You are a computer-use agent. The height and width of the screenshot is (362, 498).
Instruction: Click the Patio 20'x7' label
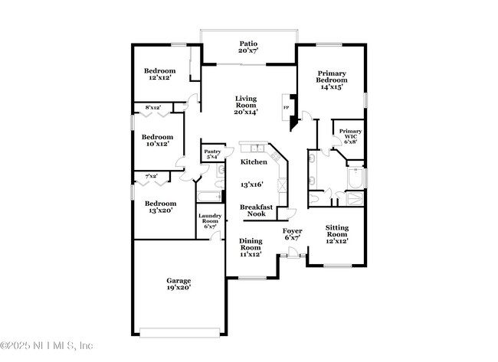(x=247, y=47)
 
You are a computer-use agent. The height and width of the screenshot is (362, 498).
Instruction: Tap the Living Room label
(x=246, y=105)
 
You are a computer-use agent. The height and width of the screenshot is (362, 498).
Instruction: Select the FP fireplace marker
(x=287, y=108)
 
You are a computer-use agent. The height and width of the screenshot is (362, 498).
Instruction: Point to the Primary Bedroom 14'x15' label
(x=333, y=80)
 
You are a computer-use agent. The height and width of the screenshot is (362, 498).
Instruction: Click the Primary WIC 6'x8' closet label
(x=351, y=136)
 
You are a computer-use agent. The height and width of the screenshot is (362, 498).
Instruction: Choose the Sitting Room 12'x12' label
(x=337, y=234)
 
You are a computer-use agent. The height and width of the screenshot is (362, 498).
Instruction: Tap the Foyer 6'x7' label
(x=293, y=235)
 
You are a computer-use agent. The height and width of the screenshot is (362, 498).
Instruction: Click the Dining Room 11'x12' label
(x=251, y=246)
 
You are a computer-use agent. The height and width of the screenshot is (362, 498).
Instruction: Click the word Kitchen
(x=254, y=162)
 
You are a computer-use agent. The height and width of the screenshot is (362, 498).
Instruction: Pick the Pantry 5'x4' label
(x=212, y=155)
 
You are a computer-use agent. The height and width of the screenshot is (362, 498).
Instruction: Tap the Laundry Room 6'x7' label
(x=211, y=222)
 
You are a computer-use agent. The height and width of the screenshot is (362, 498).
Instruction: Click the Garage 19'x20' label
(x=179, y=284)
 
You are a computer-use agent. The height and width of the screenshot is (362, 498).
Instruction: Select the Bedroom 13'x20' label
(x=161, y=207)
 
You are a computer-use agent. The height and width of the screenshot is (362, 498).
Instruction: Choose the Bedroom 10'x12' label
(x=157, y=140)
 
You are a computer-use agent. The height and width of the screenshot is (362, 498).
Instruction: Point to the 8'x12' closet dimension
(x=152, y=108)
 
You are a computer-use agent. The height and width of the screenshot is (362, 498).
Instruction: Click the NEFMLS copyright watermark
(x=48, y=345)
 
